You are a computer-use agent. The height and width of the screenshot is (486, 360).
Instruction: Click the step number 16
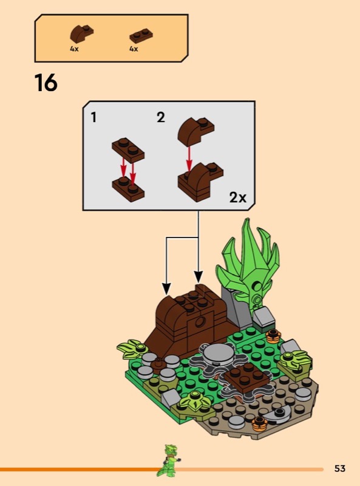(46, 83)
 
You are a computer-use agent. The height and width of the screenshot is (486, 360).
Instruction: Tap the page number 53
(339, 468)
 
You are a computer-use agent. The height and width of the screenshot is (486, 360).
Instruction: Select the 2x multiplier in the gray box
(237, 197)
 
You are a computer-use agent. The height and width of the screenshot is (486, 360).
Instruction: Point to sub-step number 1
(93, 117)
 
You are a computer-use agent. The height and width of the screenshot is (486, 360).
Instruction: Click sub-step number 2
(161, 117)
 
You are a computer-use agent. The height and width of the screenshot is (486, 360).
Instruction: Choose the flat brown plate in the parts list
(141, 36)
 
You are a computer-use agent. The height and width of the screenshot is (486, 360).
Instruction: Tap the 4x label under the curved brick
(74, 49)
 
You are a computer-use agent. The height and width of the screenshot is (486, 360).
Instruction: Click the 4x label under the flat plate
(134, 49)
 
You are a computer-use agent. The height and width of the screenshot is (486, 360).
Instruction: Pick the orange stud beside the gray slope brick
(273, 336)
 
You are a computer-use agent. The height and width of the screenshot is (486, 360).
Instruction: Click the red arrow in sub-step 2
(189, 159)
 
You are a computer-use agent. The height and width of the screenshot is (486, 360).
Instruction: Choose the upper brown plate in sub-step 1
(128, 150)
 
